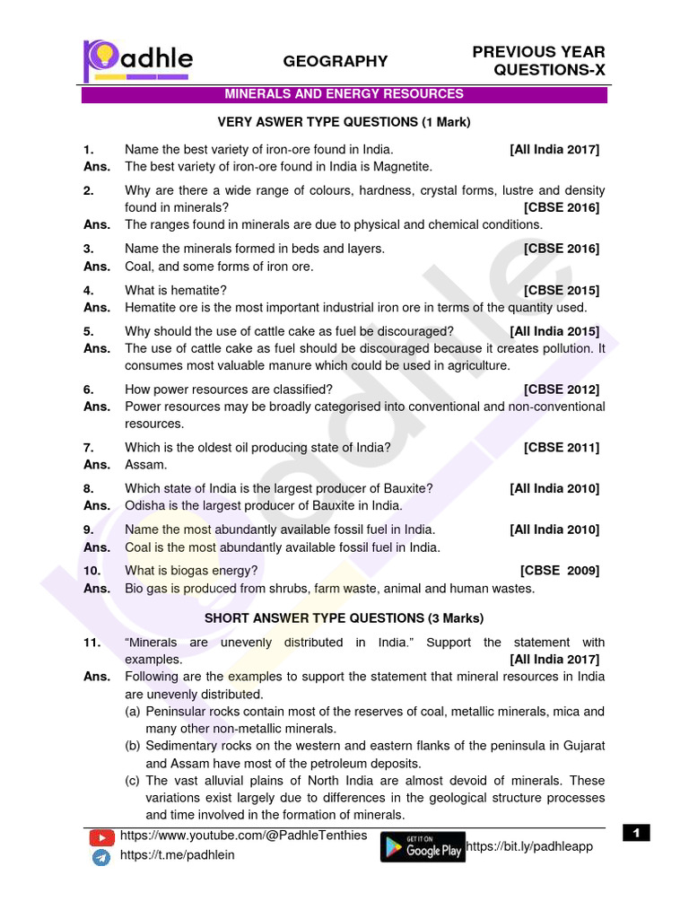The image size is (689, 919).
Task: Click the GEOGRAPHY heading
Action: [x=336, y=61]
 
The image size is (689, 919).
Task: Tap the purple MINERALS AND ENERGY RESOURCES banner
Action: [x=344, y=94]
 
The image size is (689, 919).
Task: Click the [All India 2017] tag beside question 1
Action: [x=554, y=149]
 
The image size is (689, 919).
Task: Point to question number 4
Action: [x=89, y=290]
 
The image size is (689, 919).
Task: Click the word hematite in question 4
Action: [x=197, y=290]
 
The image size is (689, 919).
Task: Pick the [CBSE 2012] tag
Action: [x=562, y=389]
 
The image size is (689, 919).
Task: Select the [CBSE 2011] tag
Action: [x=562, y=447]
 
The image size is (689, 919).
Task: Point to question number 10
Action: [x=92, y=571]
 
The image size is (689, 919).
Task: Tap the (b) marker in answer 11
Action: [x=133, y=747]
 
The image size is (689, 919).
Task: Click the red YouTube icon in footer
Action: [x=101, y=838]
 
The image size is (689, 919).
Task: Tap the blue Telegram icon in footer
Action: [x=101, y=857]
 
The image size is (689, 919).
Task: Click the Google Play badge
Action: [x=423, y=847]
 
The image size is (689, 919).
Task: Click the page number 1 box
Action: [x=636, y=834]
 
